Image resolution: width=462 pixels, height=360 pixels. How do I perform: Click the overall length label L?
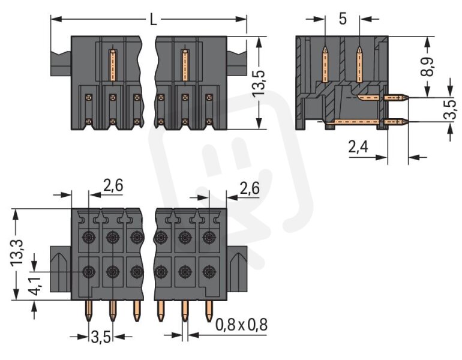(153, 20)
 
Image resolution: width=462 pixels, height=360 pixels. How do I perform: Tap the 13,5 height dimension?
(259, 83)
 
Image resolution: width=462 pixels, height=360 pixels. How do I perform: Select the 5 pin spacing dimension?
(343, 19)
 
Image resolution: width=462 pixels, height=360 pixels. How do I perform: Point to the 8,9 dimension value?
(427, 66)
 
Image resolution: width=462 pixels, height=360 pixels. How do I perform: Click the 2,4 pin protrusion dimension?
(358, 146)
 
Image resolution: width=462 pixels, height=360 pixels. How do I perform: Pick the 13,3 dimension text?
(17, 253)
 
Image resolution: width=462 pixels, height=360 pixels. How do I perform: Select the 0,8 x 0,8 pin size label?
(241, 325)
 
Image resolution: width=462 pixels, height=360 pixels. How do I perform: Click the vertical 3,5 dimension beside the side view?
(450, 109)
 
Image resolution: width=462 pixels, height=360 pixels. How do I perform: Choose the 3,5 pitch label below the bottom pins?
(101, 337)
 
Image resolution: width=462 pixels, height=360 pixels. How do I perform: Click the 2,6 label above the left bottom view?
(113, 185)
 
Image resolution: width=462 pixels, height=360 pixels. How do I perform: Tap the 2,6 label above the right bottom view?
(250, 188)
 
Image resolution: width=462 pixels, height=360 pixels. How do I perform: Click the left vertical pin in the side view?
(325, 65)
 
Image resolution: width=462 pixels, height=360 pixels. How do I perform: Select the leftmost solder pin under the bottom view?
(89, 311)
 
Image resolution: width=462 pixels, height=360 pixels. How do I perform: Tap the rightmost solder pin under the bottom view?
(209, 311)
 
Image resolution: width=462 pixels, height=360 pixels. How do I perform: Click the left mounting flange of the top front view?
(61, 63)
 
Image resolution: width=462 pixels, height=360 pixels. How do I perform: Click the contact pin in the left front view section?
(113, 65)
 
